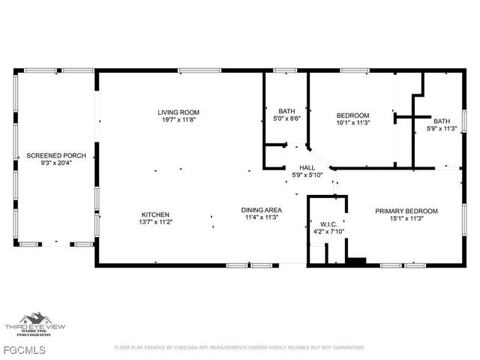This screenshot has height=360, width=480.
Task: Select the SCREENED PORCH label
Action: (56, 155)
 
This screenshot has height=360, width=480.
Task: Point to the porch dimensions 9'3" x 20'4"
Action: (56, 163)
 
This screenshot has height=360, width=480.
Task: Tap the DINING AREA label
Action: (261, 209)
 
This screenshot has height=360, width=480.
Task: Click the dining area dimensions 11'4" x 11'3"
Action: (261, 217)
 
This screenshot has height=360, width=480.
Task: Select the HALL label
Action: (307, 168)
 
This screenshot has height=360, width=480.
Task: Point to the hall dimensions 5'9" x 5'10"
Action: (307, 175)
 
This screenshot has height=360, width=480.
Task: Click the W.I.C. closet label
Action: (328, 223)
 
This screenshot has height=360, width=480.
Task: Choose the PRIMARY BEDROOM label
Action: (406, 211)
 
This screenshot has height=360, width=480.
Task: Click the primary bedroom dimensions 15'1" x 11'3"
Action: (406, 219)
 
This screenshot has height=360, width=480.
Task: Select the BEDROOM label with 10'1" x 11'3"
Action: (352, 115)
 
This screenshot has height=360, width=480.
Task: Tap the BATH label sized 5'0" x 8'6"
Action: (286, 110)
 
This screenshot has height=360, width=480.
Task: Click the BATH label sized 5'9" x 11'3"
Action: (442, 121)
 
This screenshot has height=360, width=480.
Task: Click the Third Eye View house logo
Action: (34, 321)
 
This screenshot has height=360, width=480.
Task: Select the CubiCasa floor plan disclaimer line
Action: (239, 347)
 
